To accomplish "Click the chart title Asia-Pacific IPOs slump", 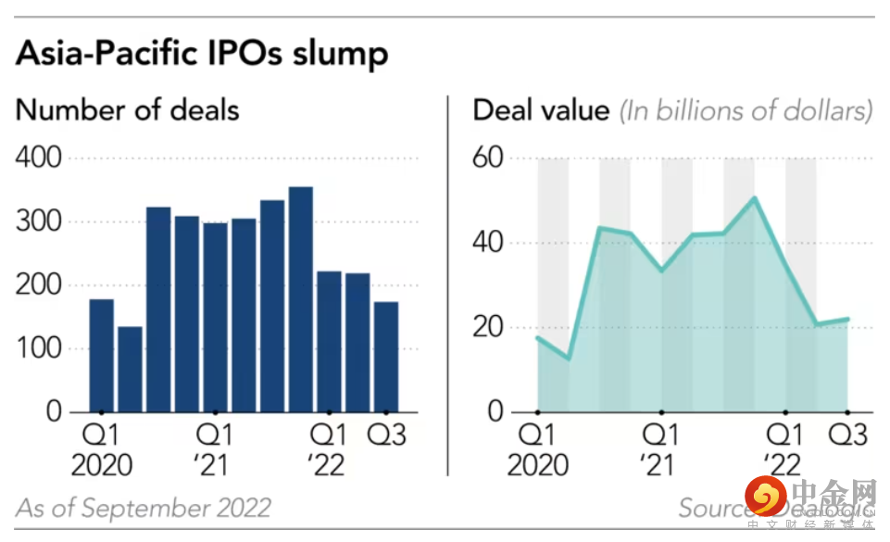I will click(x=201, y=53).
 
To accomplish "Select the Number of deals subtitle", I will click(x=128, y=110).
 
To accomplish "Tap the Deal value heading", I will click(x=541, y=111).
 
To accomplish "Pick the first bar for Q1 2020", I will click(x=102, y=356).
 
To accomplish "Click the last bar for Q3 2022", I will click(x=386, y=357).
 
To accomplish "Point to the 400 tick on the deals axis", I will click(x=39, y=158).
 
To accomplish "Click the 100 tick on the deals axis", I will click(x=39, y=349).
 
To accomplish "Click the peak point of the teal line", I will click(x=755, y=197).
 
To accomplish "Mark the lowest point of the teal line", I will click(x=569, y=359).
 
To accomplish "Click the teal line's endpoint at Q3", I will click(x=847, y=319).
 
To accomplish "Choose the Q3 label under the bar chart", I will click(x=386, y=434).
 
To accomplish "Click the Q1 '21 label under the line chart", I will click(x=660, y=448).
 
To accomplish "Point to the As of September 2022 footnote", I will click(x=144, y=508).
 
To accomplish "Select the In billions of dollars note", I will click(x=746, y=111).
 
